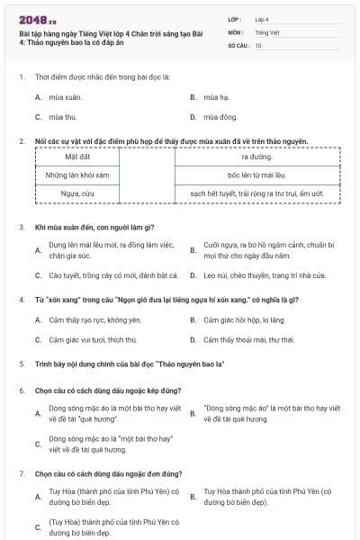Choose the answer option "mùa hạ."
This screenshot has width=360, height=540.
click(217, 96)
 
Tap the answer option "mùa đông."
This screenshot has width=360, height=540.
click(220, 117)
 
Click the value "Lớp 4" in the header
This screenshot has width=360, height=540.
click(262, 19)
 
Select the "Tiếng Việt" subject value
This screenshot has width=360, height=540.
click(265, 31)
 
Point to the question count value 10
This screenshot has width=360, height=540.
click(258, 44)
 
